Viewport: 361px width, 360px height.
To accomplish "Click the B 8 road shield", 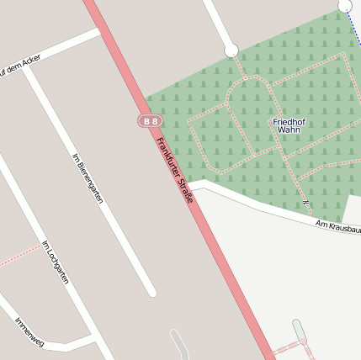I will click(150, 121).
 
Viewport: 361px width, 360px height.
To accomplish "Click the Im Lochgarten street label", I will click(55, 262).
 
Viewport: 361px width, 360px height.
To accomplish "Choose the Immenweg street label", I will click(29, 331).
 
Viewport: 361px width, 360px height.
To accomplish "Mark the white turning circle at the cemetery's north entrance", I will click(231, 50).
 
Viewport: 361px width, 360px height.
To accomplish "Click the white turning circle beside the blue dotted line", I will click(345, 6).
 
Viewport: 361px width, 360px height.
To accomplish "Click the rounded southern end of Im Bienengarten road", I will click(151, 292).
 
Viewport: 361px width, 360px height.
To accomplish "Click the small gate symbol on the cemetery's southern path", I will click(306, 204).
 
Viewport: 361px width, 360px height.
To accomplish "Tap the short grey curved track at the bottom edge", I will click(180, 345).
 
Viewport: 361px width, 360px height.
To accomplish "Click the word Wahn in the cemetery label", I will click(289, 131).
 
